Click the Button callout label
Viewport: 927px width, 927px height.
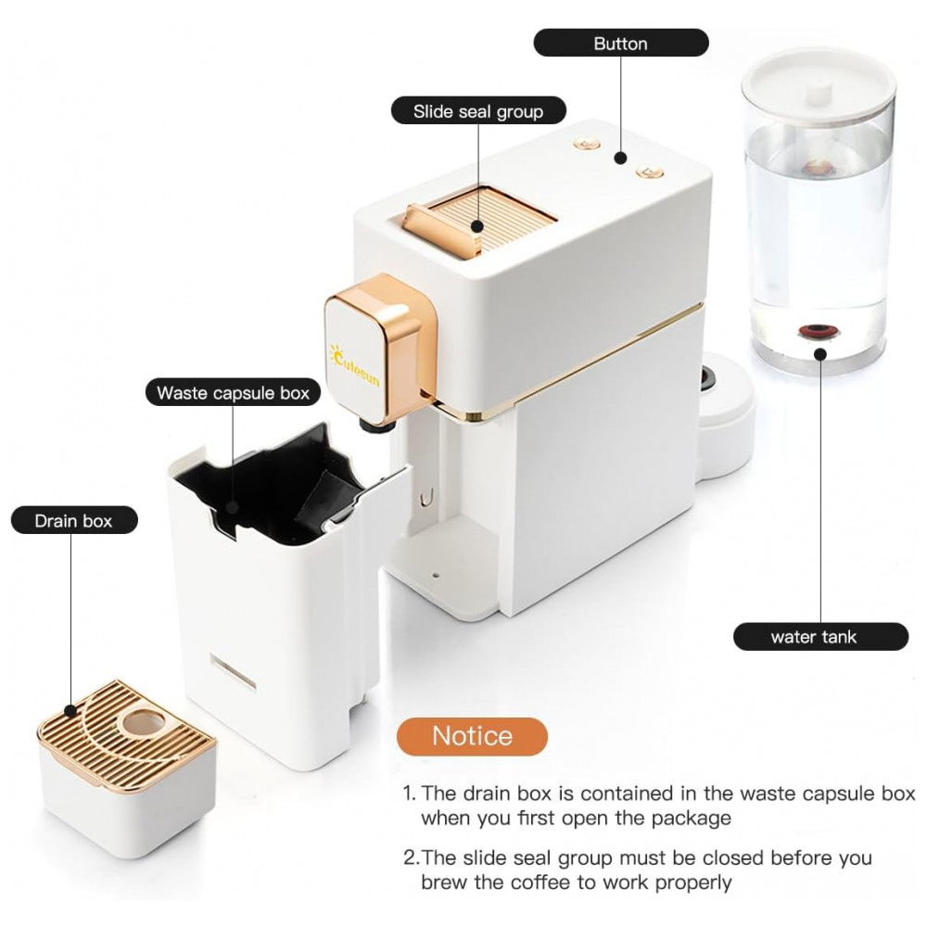click(621, 44)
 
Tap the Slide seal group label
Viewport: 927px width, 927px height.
click(478, 111)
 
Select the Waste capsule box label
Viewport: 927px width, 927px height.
click(233, 392)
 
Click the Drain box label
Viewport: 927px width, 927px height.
click(74, 521)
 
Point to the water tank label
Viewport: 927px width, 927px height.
click(820, 637)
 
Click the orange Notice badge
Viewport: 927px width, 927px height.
click(473, 736)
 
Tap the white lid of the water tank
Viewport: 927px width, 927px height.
click(819, 83)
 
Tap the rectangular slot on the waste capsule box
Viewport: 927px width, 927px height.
click(234, 673)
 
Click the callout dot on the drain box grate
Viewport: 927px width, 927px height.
click(71, 711)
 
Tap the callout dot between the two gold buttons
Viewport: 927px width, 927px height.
click(620, 158)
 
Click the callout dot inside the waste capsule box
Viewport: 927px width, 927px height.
click(233, 507)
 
